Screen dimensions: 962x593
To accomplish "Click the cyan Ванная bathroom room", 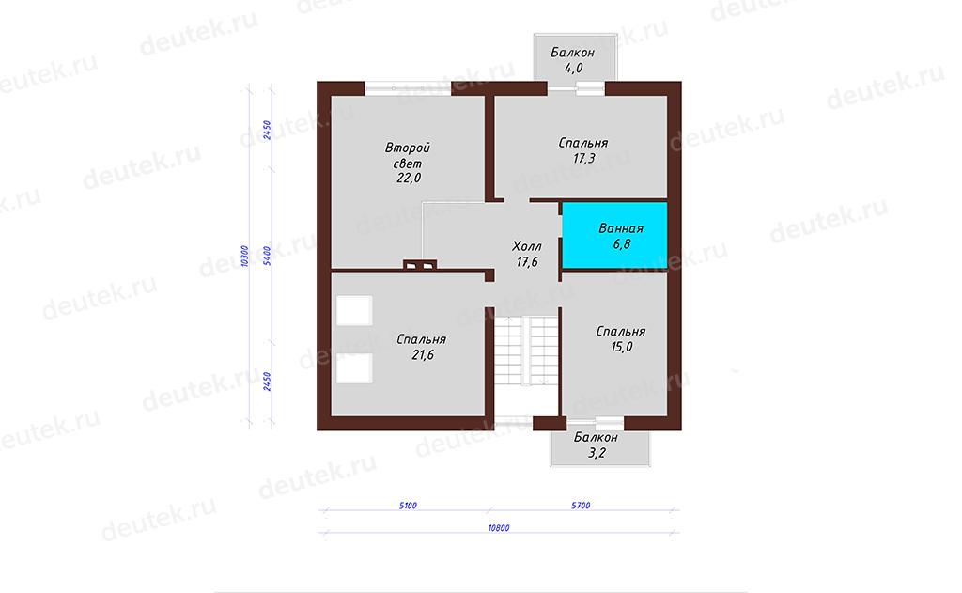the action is tap(614, 235).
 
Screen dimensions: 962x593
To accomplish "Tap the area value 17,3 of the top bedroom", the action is tap(584, 159).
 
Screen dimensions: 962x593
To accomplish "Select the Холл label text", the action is tap(527, 246).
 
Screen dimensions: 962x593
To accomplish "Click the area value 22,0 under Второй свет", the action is tap(409, 178).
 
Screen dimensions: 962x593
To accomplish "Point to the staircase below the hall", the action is tap(526, 351).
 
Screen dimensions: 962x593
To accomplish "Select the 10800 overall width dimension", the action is tap(499, 528).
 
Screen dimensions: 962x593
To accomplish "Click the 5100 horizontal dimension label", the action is tap(408, 506).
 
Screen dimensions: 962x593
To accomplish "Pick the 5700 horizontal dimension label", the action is tap(581, 506).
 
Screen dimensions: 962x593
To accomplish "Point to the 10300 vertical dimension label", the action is tap(245, 256).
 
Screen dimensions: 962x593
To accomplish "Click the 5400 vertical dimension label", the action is tap(267, 256).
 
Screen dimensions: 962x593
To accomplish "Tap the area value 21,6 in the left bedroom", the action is tap(424, 355).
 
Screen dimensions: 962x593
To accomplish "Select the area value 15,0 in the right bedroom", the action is tap(622, 347).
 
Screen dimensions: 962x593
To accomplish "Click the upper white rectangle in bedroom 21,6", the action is tap(354, 311).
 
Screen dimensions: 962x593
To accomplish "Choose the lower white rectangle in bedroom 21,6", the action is tap(354, 368).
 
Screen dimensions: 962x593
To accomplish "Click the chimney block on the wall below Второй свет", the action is tap(420, 265).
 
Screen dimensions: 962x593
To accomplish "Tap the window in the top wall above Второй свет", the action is tap(408, 88).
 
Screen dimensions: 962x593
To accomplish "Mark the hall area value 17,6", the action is tap(527, 262).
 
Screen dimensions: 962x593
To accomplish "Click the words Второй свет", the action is tap(408, 156).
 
